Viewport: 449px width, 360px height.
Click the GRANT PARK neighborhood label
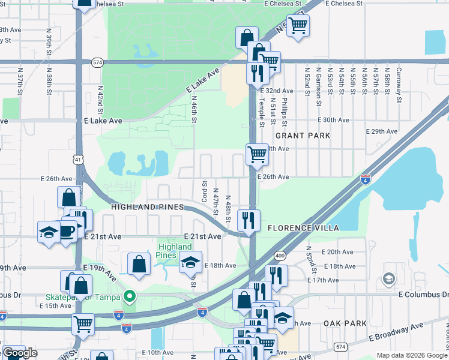coord(303,136)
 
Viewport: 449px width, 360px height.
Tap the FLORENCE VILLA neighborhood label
coord(303,228)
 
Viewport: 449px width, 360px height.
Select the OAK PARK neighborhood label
coord(345,323)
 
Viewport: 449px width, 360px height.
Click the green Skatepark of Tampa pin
coord(128,296)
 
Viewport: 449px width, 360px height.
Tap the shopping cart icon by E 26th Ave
coord(257,154)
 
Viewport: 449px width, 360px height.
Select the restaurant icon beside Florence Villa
coord(248,220)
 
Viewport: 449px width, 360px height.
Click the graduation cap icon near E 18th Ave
coord(190,261)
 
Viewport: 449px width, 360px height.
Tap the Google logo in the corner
coord(20,353)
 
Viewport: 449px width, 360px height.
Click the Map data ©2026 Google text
coord(411,355)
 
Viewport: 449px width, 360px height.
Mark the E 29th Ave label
coord(382,131)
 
